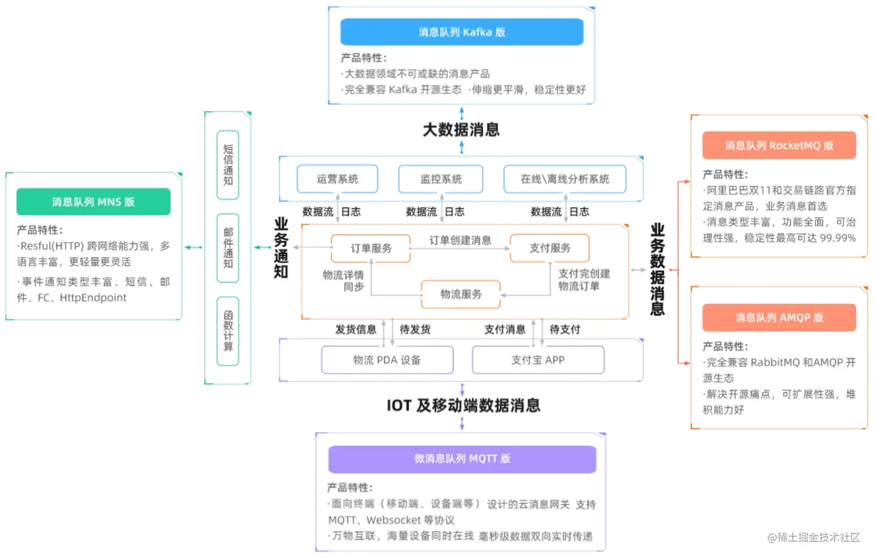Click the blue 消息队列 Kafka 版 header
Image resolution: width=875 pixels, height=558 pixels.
[461, 32]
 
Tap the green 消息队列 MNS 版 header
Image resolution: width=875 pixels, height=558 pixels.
[93, 201]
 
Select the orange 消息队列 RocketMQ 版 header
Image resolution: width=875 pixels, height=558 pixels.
[779, 145]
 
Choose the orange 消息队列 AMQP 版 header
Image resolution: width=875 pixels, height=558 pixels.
[779, 317]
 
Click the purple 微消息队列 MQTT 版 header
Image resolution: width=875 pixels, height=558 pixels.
[462, 458]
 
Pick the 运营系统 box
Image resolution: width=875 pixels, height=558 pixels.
[337, 179]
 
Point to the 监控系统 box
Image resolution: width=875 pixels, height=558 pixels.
[441, 179]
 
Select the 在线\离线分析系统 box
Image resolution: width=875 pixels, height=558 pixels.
[565, 179]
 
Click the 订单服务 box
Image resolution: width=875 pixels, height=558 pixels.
[371, 248]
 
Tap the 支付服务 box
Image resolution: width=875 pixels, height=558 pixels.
[550, 248]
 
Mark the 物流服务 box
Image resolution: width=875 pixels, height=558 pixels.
[461, 294]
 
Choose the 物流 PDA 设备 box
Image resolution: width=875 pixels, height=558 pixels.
[387, 360]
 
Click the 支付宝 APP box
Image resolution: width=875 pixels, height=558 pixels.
[538, 360]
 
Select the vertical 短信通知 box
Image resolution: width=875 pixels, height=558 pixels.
[228, 165]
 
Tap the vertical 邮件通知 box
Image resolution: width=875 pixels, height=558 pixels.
[228, 248]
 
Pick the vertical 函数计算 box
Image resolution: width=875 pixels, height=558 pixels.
[228, 331]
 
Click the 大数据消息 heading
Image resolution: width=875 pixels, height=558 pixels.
[461, 130]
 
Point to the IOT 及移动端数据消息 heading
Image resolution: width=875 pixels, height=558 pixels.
[463, 405]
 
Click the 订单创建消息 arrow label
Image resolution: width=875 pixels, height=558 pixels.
[460, 240]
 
